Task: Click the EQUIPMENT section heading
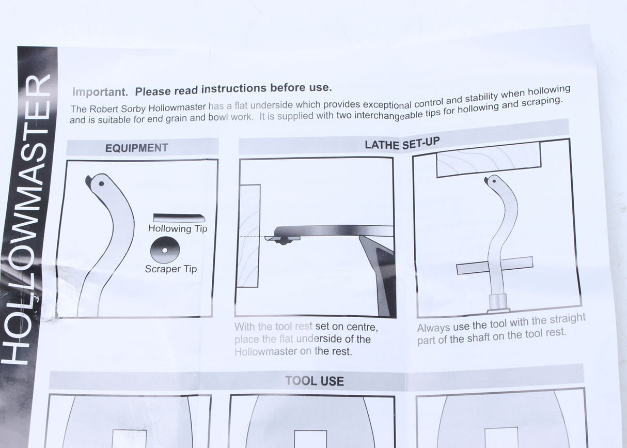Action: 136,148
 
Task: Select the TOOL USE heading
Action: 315,381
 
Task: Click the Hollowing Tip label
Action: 177,228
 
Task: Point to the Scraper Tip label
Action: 170,269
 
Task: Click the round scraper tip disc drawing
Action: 164,250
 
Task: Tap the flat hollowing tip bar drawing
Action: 179,218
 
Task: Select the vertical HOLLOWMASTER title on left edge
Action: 32,217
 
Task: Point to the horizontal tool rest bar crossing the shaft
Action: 495,266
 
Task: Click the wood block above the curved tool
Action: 488,159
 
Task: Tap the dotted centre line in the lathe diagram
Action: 253,237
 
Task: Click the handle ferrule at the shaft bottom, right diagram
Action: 499,303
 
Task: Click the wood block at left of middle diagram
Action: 248,235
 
